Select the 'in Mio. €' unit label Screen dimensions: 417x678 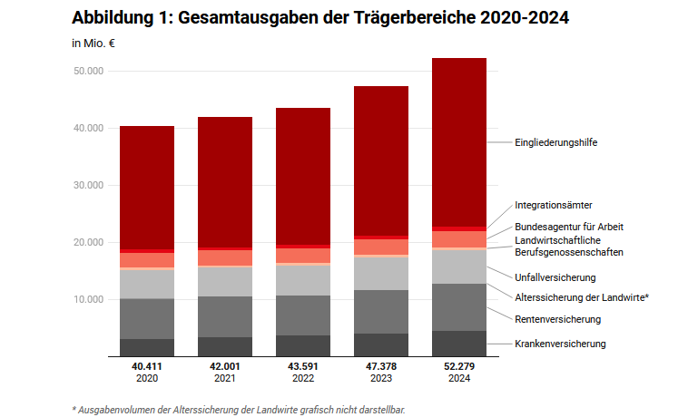(93, 43)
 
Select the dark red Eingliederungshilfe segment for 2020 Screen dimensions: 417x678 (147, 187)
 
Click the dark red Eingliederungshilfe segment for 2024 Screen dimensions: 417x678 (459, 141)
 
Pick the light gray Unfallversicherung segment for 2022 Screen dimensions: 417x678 (303, 280)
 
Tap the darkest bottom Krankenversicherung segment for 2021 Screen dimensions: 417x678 (225, 347)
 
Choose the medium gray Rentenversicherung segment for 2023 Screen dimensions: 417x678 (381, 312)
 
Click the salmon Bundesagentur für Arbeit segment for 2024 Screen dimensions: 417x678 (459, 239)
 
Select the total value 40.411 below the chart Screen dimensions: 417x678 (147, 366)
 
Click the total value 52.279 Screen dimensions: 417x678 (459, 366)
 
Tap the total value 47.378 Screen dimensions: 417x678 (381, 366)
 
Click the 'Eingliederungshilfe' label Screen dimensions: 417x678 (555, 142)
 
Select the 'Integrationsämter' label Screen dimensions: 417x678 (553, 206)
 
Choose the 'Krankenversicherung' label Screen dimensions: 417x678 (560, 344)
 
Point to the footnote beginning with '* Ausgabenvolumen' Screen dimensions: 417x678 (239, 409)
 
